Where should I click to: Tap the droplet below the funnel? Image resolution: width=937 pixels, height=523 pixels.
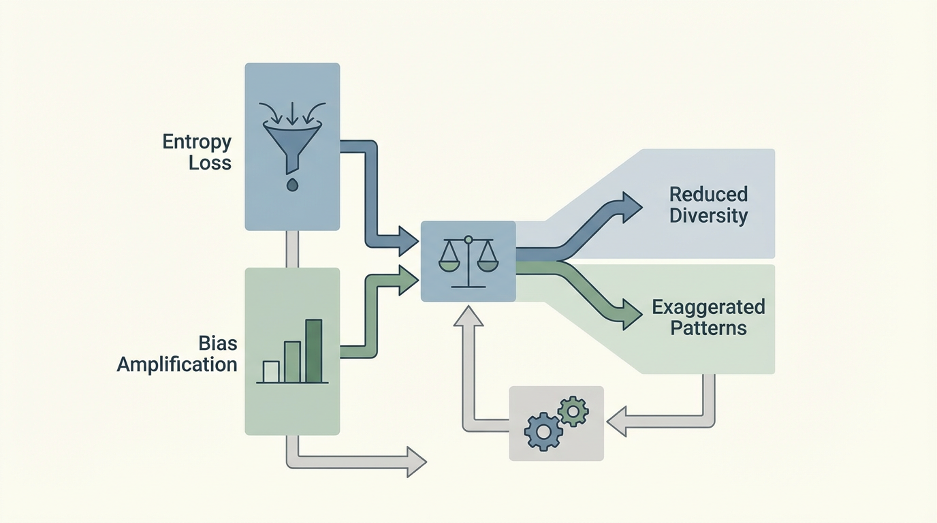coord(292,184)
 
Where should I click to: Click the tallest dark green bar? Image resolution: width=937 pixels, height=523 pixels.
coord(313,351)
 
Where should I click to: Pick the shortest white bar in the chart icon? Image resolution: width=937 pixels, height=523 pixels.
coord(271,371)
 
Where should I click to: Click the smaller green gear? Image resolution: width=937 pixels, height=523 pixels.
coord(572,411)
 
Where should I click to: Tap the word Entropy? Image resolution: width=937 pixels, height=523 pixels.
coord(197,142)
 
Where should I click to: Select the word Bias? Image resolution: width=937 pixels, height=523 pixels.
coord(217,343)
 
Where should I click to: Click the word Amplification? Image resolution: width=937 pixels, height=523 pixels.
coord(177,364)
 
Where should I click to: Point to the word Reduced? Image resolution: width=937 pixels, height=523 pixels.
coord(708,194)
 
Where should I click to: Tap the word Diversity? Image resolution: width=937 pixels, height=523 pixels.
coord(708,216)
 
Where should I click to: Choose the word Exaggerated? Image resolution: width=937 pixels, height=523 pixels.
coord(708,306)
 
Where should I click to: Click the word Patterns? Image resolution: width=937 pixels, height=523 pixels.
coord(708,328)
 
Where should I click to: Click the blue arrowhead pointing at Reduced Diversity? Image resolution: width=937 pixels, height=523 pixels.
coord(631,204)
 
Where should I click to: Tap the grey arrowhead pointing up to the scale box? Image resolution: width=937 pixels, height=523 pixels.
coord(468,315)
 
